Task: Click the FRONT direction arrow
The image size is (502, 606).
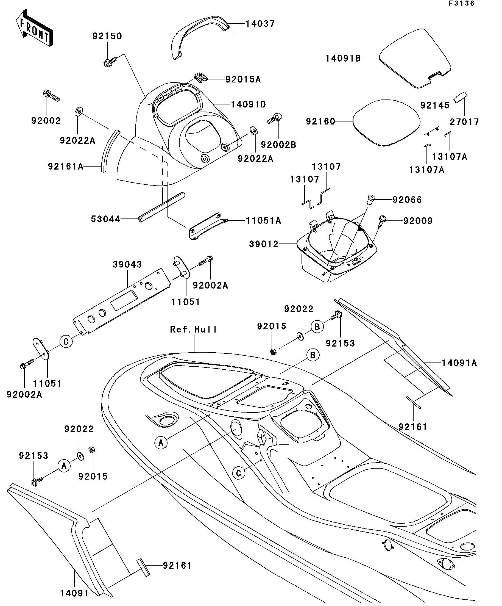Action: pyautogui.click(x=34, y=28)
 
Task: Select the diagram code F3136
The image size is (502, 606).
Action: pyautogui.click(x=461, y=4)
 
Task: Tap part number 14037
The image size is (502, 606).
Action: pyautogui.click(x=260, y=24)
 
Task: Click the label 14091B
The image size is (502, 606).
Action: pyautogui.click(x=343, y=58)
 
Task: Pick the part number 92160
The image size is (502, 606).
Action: pyautogui.click(x=321, y=121)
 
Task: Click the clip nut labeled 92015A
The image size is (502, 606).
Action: pyautogui.click(x=201, y=77)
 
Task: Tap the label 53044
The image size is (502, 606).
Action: pyautogui.click(x=105, y=219)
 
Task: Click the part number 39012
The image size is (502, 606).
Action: pyautogui.click(x=264, y=244)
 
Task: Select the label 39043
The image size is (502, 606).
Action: pyautogui.click(x=127, y=264)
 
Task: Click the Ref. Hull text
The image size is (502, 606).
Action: pyautogui.click(x=194, y=329)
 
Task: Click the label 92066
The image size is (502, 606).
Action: pyautogui.click(x=407, y=200)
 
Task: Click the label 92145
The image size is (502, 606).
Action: pyautogui.click(x=435, y=105)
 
